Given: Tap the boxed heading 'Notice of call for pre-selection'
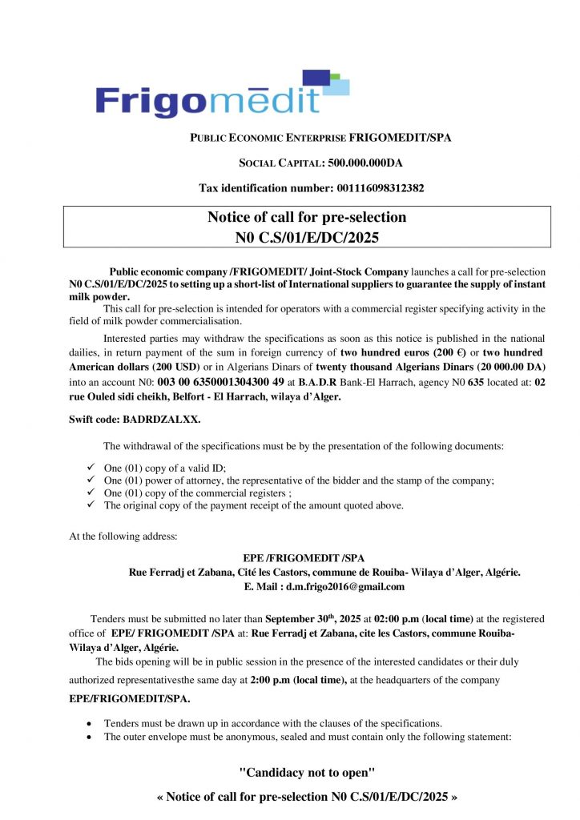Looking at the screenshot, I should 307,217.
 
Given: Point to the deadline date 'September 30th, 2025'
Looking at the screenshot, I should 313,619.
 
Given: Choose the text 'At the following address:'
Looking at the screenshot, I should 121,536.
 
